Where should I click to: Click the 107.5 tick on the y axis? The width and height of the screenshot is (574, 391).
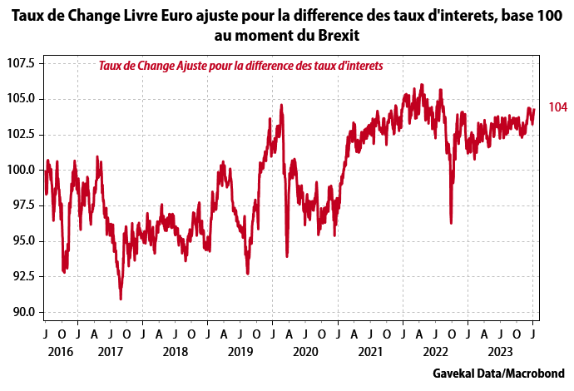click(20, 63)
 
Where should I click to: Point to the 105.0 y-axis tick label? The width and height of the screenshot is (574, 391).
click(20, 98)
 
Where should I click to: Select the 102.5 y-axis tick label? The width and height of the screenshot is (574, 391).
click(20, 134)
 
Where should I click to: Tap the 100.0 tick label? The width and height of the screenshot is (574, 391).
click(20, 170)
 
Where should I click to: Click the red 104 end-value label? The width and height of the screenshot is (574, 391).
click(557, 108)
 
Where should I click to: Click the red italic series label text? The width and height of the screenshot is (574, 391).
click(240, 66)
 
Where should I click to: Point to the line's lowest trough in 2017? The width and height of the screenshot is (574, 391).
click(121, 298)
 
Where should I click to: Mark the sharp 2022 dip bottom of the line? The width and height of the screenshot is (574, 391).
click(451, 222)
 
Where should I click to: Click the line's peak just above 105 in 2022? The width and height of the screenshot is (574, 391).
click(423, 85)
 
